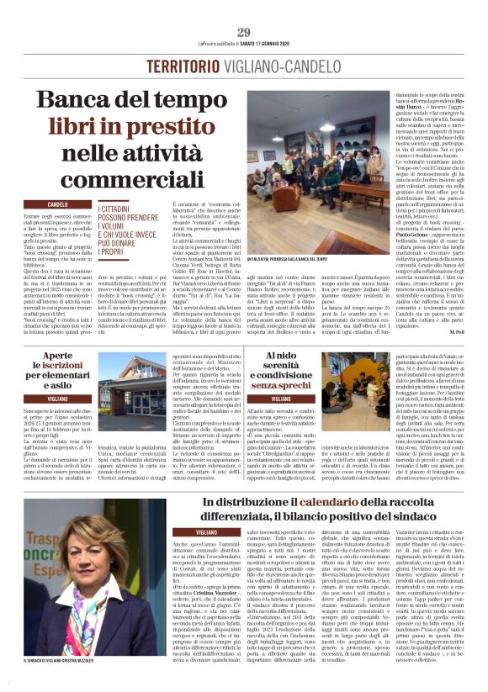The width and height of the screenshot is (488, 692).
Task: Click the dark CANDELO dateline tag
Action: [x=58, y=204]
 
